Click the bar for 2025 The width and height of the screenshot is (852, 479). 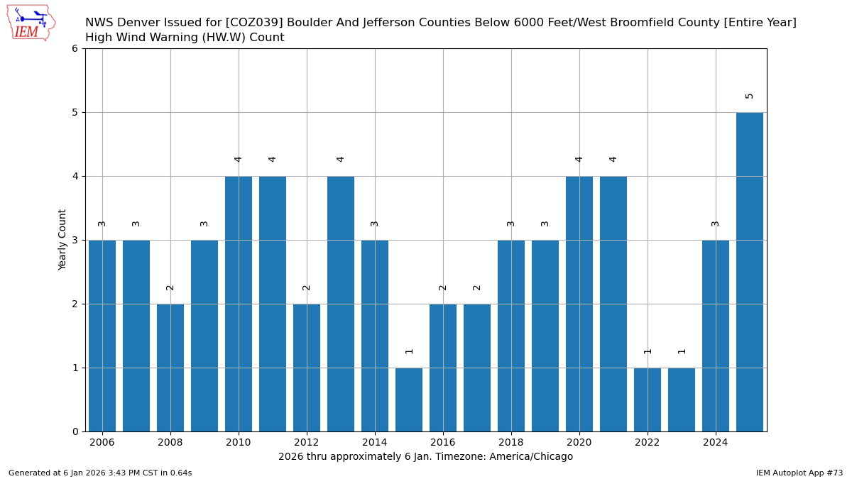pos(750,272)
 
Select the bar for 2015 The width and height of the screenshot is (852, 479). pos(409,400)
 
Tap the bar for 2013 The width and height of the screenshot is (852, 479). pos(341,304)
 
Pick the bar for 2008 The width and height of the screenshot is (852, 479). pos(170,368)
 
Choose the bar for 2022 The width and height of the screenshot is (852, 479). pos(648,400)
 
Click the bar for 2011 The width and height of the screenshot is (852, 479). pos(273,304)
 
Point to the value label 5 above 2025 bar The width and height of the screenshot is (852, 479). pos(750,96)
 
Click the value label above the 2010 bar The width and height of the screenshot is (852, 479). pos(239,160)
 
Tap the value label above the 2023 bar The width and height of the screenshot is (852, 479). pos(682,351)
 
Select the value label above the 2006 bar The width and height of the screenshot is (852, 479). pos(102,224)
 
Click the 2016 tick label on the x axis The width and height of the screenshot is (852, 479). pos(443,443)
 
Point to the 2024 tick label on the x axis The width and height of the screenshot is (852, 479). pos(716,443)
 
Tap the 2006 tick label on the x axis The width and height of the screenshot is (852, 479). pos(102,443)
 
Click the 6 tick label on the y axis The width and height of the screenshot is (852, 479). pos(75,48)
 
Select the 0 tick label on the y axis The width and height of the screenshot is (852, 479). pos(75,431)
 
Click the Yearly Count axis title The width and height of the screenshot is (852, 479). pos(62,240)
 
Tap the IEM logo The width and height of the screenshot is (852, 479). pos(31,23)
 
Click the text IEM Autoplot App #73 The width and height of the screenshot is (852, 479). pos(799,473)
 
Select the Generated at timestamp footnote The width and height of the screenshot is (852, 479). pos(100,473)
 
